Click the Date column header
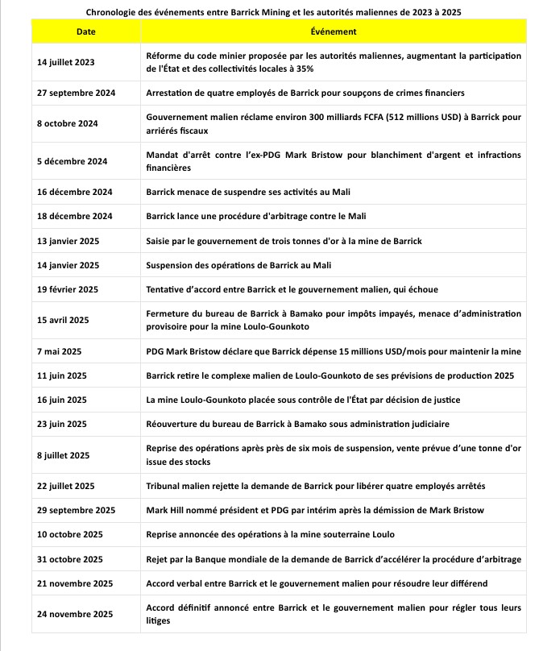coord(85,31)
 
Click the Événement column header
coord(333,31)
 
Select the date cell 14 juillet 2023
coord(66,62)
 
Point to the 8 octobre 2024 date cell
coord(68,123)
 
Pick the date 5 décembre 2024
coord(73,161)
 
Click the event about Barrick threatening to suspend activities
coord(247,192)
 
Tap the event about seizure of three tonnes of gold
coord(284,240)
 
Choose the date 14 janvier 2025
coord(68,264)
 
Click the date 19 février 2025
coord(68,288)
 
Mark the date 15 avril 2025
coord(63,319)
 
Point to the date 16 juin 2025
coord(62,399)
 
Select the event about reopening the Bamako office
coord(297,423)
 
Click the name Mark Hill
coord(166,510)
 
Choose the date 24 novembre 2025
coord(75,613)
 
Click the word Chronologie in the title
coord(114,12)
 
